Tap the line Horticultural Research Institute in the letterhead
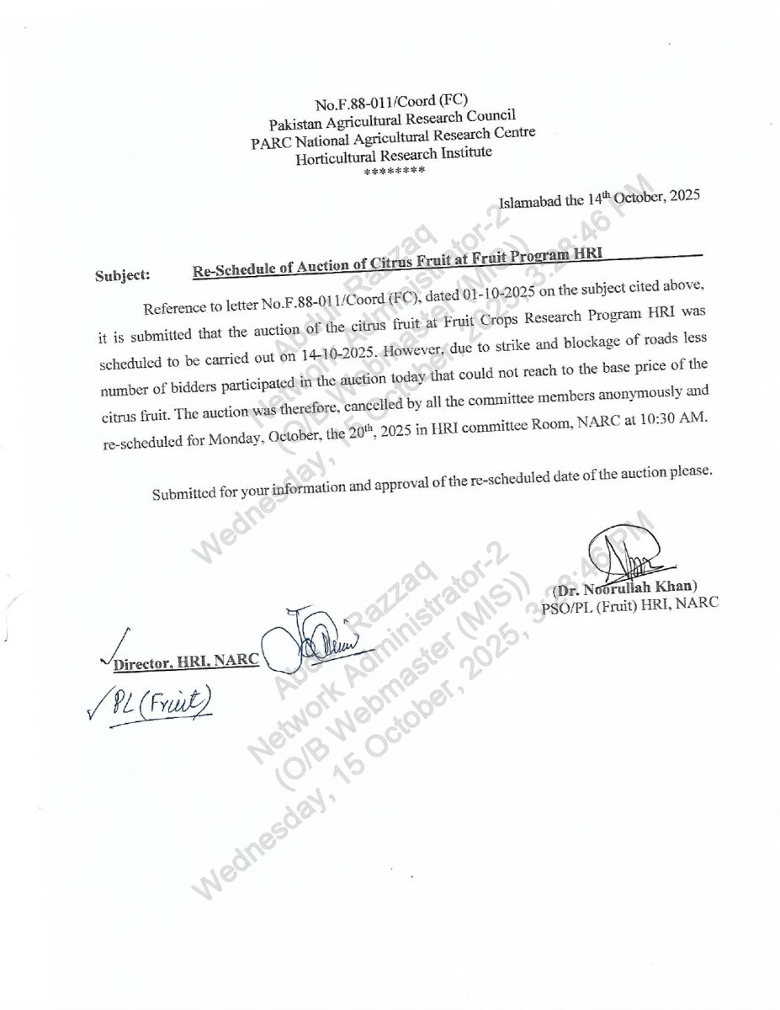tap(393, 155)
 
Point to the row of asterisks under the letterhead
tap(395, 171)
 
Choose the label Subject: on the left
tap(123, 274)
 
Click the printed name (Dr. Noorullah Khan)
tap(625, 588)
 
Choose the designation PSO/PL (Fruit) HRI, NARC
tap(630, 605)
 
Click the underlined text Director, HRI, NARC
tap(186, 661)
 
